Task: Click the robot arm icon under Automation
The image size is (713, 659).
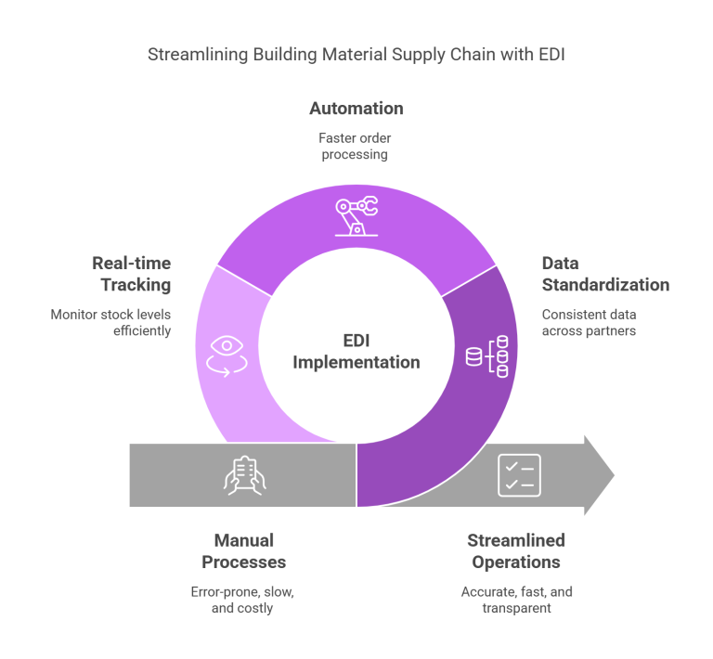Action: [x=356, y=215]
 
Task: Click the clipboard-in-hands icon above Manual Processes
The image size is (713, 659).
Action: [x=244, y=475]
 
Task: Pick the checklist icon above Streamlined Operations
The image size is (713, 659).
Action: [x=519, y=475]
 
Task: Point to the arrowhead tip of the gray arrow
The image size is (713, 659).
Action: [x=615, y=475]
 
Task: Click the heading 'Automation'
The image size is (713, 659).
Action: [x=356, y=109]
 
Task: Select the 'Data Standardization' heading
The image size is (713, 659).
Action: [x=604, y=275]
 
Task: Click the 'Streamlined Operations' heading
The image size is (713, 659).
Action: [x=517, y=551]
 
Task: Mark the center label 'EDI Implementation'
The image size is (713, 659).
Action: [x=356, y=352]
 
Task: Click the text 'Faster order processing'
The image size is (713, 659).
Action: [x=356, y=147]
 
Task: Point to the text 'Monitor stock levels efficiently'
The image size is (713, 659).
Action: [x=111, y=322]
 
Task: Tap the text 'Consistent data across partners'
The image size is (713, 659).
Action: [x=589, y=322]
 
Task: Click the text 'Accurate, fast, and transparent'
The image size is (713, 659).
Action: [x=517, y=600]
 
